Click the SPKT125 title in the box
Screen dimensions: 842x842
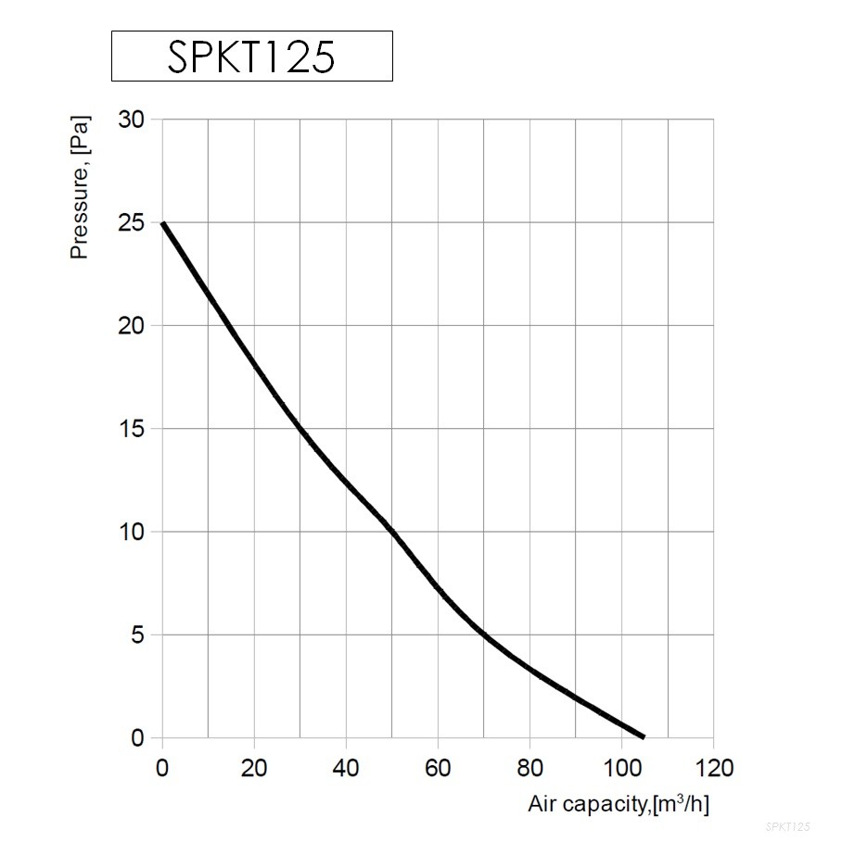click(250, 57)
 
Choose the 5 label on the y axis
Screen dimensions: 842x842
click(138, 635)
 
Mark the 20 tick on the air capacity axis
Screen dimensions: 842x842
click(253, 768)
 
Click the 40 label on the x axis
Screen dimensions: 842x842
click(345, 768)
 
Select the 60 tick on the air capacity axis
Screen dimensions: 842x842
click(437, 768)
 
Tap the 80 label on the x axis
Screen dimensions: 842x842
click(529, 768)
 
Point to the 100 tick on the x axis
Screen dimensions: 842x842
click(620, 768)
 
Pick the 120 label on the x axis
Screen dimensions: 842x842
click(712, 768)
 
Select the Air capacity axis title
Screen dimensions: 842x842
click(619, 804)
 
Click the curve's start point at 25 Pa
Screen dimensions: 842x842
click(163, 223)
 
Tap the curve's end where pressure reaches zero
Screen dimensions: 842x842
click(643, 737)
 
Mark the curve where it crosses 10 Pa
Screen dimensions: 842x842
click(391, 532)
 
